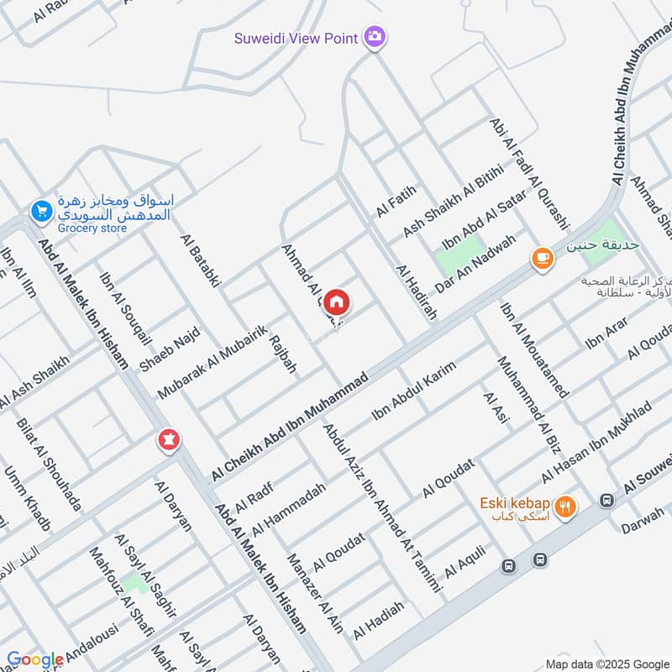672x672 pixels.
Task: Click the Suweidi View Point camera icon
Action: [x=375, y=37]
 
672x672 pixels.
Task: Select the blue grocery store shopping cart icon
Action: [x=39, y=213]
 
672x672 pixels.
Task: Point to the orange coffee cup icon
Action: [x=542, y=259]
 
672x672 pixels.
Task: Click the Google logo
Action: [x=35, y=659]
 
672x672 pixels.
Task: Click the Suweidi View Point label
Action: [x=297, y=38]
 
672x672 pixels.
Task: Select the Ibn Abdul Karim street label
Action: [x=413, y=391]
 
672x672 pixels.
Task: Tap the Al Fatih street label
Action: [x=396, y=202]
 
